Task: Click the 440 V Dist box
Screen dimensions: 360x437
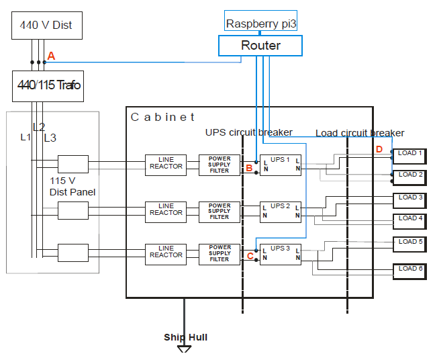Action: tap(45, 25)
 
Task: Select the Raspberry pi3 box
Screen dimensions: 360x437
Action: tap(261, 24)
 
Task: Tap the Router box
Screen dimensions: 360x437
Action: tap(260, 46)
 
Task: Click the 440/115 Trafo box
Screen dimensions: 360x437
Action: tap(48, 87)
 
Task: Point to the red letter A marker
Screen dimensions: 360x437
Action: tap(51, 56)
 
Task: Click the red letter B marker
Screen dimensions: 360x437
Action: tap(249, 167)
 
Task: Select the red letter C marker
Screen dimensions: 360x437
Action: tap(250, 255)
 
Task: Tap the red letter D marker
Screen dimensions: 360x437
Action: tap(379, 149)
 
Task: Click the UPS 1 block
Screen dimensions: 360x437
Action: tap(280, 165)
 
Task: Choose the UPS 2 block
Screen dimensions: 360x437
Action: tap(280, 211)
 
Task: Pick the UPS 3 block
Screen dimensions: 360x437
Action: tap(280, 253)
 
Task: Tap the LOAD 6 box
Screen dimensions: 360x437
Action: tap(409, 271)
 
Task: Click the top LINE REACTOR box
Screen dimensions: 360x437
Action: tap(166, 165)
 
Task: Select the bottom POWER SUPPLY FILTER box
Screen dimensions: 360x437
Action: tap(220, 253)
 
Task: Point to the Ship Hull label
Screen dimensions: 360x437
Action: tap(185, 337)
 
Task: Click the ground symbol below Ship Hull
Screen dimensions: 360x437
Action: tap(184, 350)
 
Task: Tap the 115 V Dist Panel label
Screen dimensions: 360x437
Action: tap(72, 187)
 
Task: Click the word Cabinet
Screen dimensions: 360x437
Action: tap(162, 117)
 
